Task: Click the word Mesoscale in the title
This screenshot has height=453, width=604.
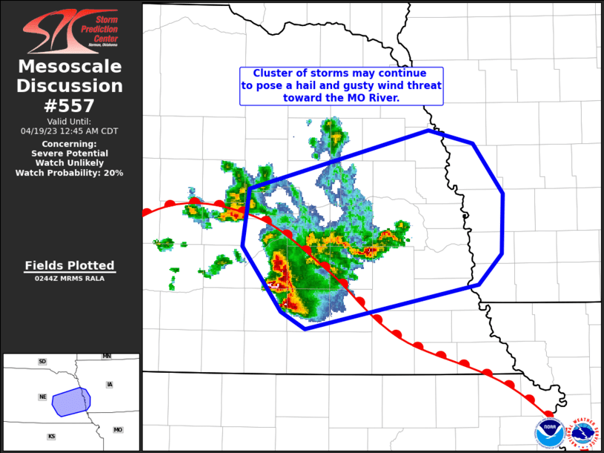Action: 70,67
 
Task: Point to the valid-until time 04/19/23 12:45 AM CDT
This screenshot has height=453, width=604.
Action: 70,130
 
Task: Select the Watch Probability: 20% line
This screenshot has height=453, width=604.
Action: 70,173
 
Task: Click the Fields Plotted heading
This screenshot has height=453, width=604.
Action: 70,265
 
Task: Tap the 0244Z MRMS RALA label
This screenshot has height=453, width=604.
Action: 70,279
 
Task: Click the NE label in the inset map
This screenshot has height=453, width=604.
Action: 42,397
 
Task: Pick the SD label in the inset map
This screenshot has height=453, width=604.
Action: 42,362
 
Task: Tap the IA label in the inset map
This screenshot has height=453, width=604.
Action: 110,384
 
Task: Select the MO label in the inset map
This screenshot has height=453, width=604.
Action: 118,430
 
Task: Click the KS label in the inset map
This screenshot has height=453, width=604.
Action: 51,437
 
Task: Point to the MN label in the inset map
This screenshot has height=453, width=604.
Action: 107,357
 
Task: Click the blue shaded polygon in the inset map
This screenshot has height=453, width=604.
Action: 71,401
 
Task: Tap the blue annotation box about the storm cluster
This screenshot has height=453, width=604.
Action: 341,85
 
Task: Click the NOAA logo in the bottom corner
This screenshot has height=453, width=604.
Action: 550,434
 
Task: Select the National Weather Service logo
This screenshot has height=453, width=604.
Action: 585,434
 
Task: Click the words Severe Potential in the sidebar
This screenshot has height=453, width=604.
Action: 70,153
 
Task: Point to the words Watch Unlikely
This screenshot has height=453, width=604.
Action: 70,162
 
